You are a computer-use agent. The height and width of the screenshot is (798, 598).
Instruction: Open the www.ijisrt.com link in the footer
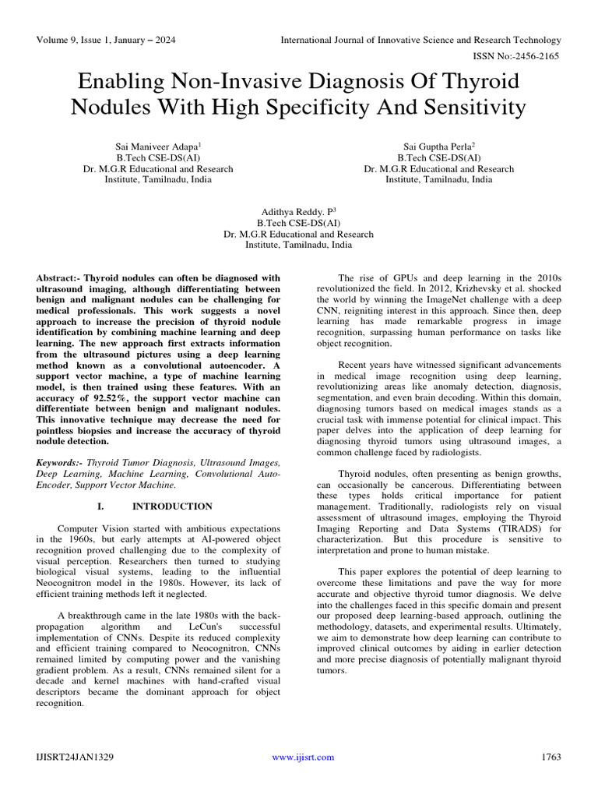(x=303, y=757)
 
